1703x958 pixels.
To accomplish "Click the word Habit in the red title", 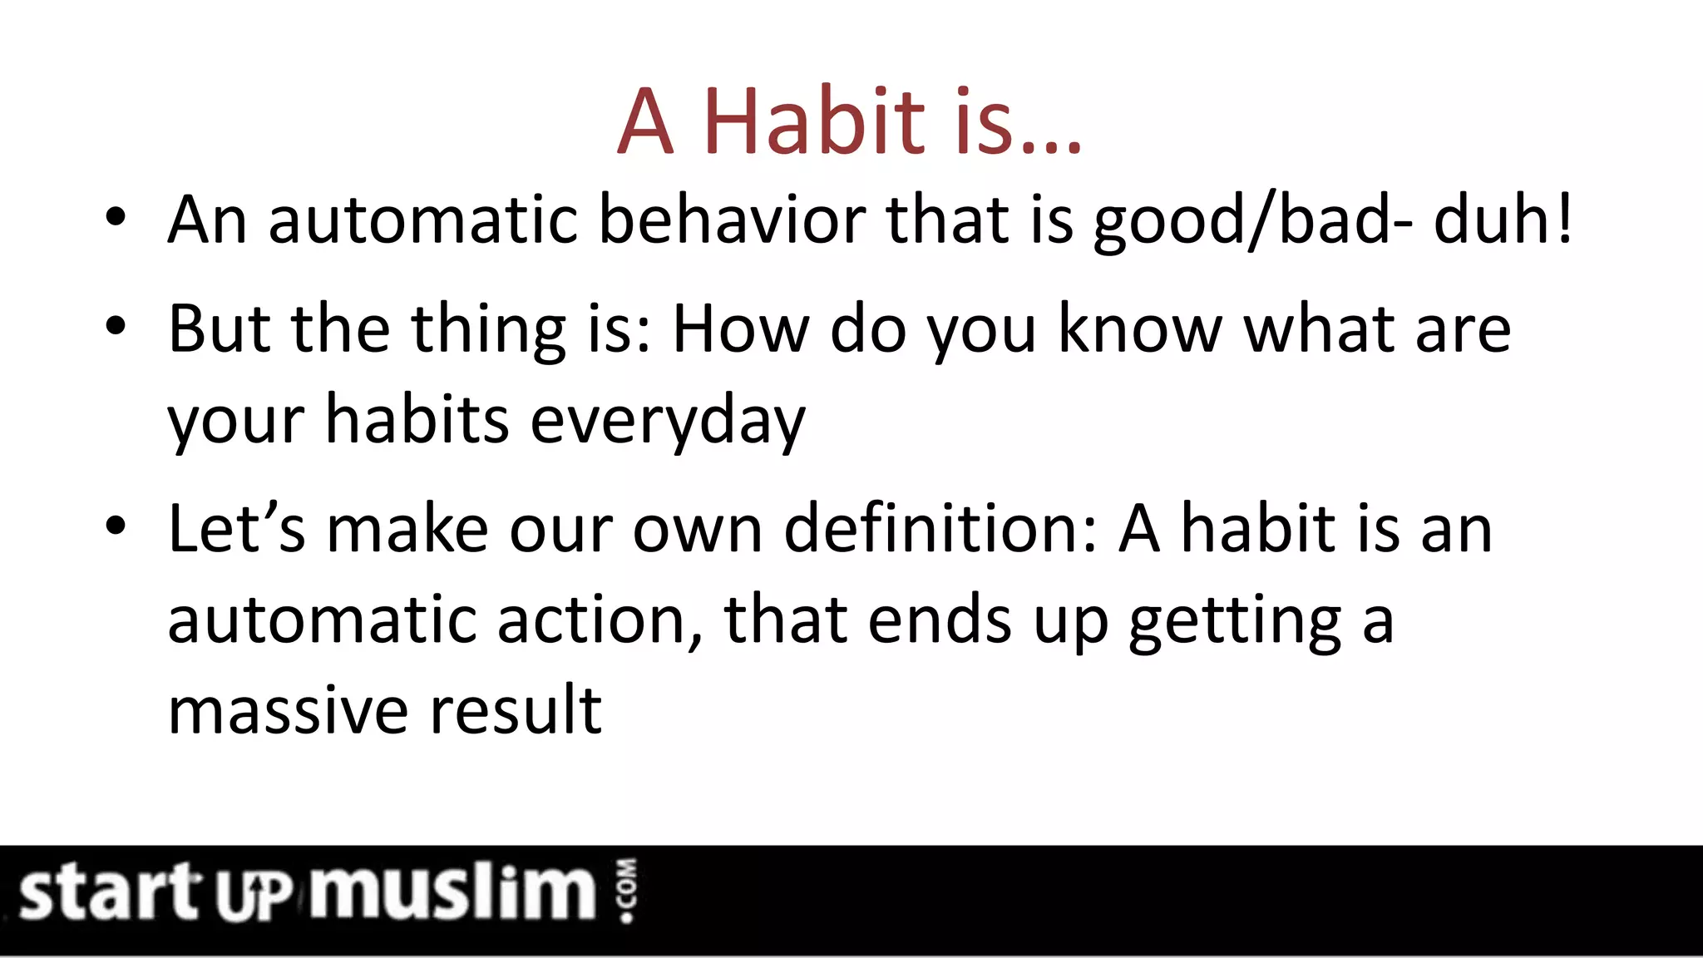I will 813,122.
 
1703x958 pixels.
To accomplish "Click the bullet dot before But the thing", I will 116,327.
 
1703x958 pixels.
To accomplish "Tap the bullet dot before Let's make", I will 116,526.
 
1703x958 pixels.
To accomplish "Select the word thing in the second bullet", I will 488,330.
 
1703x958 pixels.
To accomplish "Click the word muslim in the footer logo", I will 453,891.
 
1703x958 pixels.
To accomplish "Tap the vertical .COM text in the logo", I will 628,891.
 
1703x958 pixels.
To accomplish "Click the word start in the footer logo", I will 108,892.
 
